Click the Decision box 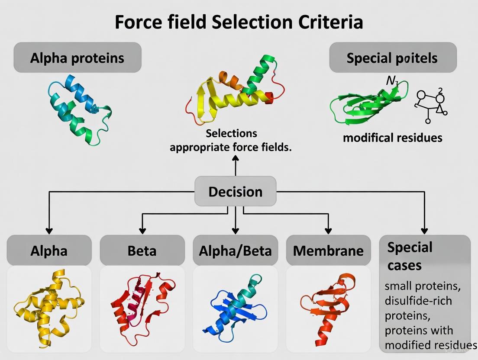[x=235, y=191]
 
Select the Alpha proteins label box [x=77, y=58]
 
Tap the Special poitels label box [x=392, y=58]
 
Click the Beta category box [x=142, y=251]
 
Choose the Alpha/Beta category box [x=235, y=251]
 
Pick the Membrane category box [x=328, y=251]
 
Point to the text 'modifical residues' [x=393, y=138]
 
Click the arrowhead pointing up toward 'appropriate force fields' [x=236, y=159]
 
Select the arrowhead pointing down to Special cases [x=424, y=231]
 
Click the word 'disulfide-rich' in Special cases [x=418, y=299]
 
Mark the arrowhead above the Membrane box [x=328, y=231]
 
